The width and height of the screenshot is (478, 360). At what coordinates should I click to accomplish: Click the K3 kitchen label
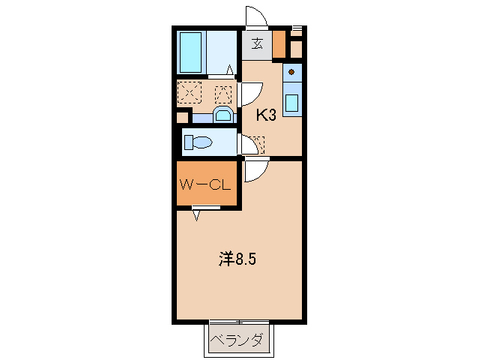pyautogui.click(x=267, y=115)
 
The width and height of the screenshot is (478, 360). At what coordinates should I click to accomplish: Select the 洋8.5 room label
pyautogui.click(x=239, y=259)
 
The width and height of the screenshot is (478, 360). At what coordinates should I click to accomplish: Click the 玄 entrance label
pyautogui.click(x=257, y=43)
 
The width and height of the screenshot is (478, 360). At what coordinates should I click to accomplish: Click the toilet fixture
pyautogui.click(x=199, y=142)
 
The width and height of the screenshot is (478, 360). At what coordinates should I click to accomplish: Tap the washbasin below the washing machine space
pyautogui.click(x=223, y=115)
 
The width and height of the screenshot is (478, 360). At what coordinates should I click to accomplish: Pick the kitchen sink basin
pyautogui.click(x=292, y=101)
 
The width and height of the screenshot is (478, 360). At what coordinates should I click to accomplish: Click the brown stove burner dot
pyautogui.click(x=291, y=72)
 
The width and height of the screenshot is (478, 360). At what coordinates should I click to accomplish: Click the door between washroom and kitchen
pyautogui.click(x=249, y=93)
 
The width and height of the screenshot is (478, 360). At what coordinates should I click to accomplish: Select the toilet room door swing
pyautogui.click(x=246, y=143)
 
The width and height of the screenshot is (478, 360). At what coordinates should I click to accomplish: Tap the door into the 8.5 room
pyautogui.click(x=253, y=170)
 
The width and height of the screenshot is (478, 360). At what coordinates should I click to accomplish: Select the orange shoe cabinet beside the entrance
pyautogui.click(x=279, y=44)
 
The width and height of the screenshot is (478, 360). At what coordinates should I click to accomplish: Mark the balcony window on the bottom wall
pyautogui.click(x=239, y=322)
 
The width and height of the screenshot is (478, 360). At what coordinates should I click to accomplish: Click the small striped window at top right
pyautogui.click(x=297, y=29)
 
